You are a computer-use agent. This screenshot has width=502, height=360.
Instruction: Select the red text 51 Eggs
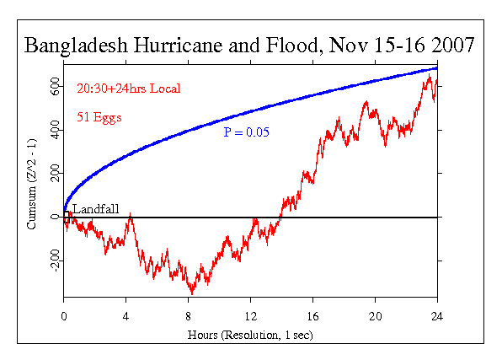pyautogui.click(x=99, y=118)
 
